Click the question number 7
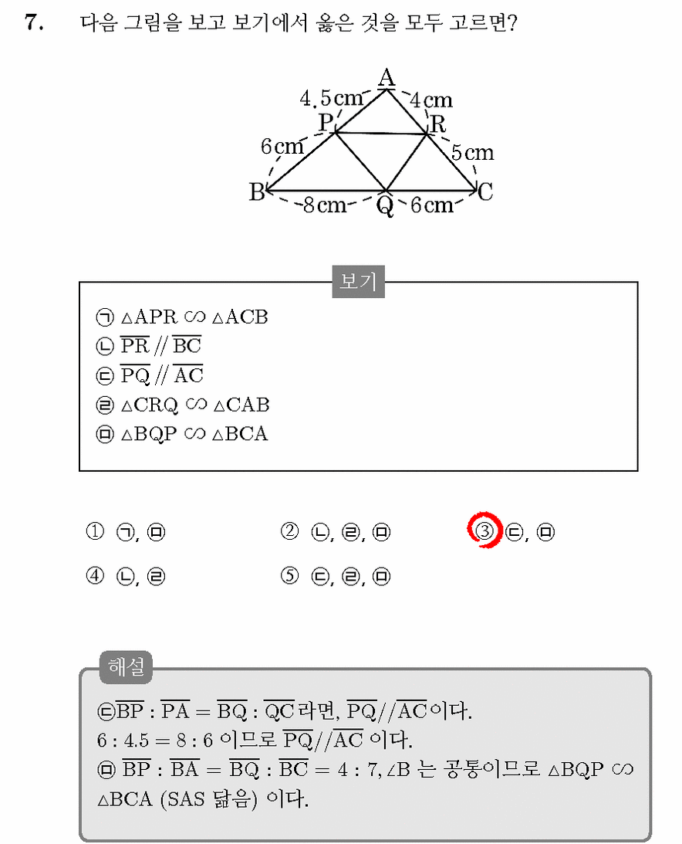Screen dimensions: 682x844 (x=34, y=22)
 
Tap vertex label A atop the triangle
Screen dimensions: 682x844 (x=387, y=77)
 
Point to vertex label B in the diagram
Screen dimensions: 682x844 (x=257, y=192)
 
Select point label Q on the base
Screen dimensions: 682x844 (x=385, y=206)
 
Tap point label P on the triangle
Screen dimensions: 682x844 (x=326, y=122)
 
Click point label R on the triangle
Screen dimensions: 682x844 (x=438, y=124)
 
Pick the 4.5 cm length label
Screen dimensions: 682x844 (x=331, y=98)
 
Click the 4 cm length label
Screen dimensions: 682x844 (x=432, y=100)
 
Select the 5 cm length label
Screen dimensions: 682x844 (x=472, y=152)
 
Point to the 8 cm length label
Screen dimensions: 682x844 (x=325, y=205)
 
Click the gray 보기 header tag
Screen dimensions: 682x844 (x=358, y=281)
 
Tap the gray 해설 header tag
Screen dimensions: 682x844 (x=126, y=667)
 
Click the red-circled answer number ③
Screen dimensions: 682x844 (x=484, y=530)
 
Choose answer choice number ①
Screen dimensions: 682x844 (x=95, y=532)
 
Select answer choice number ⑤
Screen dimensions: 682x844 (x=289, y=576)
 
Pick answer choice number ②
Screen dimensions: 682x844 (x=289, y=532)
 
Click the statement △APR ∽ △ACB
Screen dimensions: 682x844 (x=194, y=317)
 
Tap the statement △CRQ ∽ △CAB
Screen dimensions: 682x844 (x=195, y=405)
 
